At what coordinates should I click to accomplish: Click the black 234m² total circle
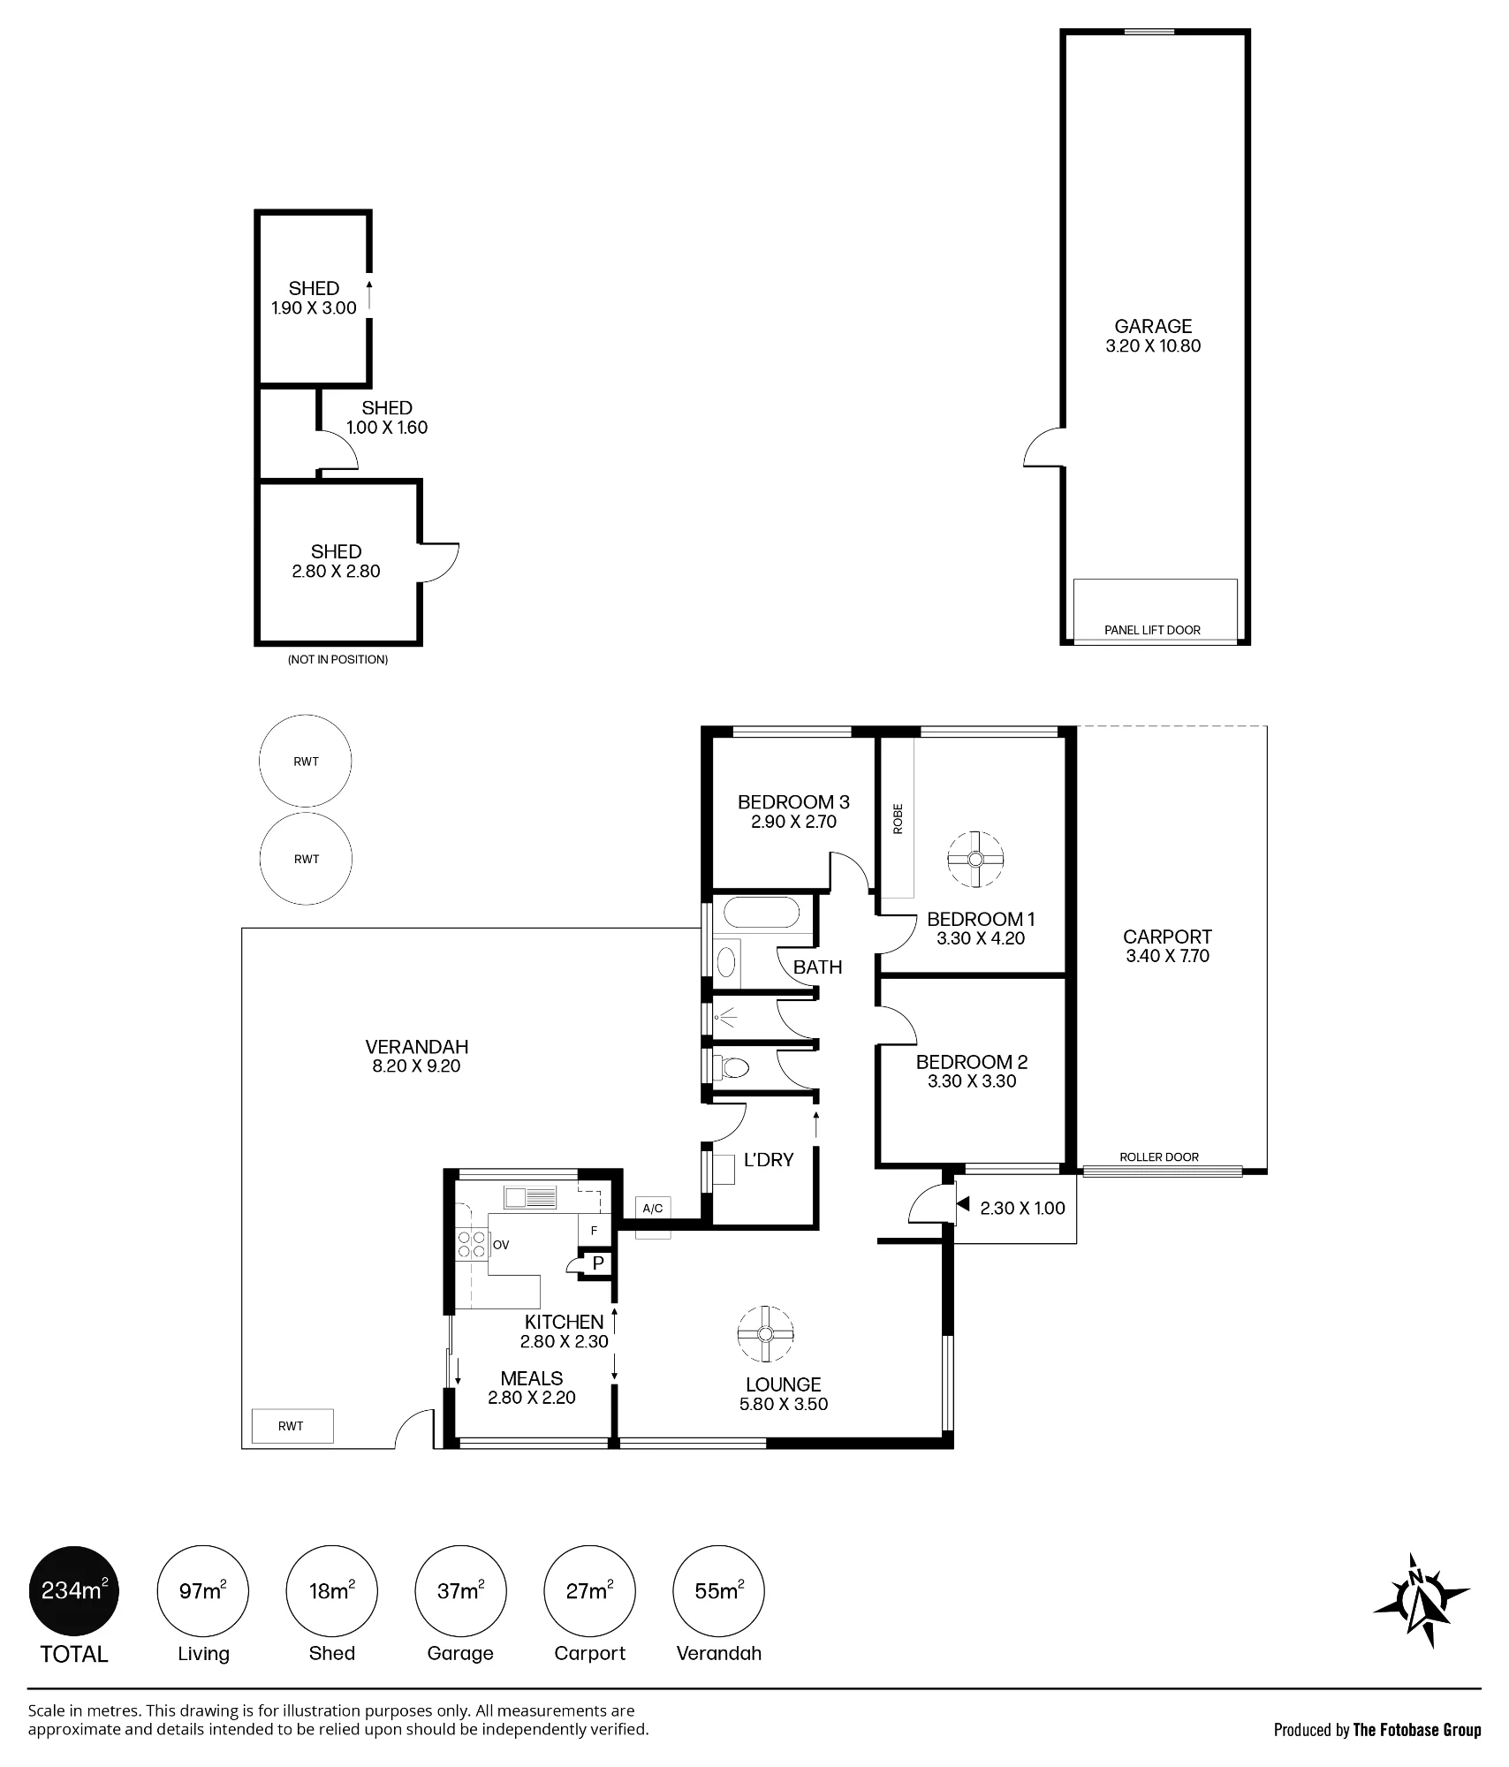pos(74,1591)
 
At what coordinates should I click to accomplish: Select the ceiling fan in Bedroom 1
pos(975,859)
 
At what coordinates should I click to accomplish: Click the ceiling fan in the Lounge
pos(765,1334)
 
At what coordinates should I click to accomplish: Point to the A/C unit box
pos(652,1209)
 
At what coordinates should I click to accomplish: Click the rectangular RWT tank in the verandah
pos(292,1426)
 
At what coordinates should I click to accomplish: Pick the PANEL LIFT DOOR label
pos(1152,630)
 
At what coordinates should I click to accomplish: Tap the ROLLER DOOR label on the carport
pos(1159,1157)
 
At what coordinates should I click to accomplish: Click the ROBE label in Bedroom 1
pos(898,818)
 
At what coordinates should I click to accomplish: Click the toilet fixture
pos(730,1069)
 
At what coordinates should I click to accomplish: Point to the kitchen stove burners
pos(472,1244)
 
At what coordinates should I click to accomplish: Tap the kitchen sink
pos(530,1197)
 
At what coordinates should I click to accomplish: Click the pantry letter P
pos(598,1263)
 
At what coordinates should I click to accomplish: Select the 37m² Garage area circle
pos(460,1591)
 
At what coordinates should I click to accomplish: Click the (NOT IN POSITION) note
pos(337,659)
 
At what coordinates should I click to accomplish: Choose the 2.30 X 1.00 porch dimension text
pos(1022,1208)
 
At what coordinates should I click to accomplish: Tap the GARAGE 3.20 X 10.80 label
pos(1153,336)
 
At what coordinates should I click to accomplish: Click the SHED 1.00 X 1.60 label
pos(387,418)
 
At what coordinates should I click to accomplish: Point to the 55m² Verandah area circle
pos(719,1591)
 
